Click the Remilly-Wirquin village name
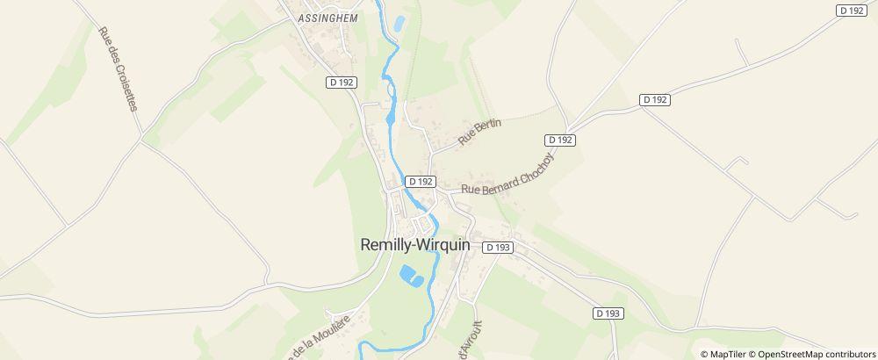coord(414,247)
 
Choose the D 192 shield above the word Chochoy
coord(559,140)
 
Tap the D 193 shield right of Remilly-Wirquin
coord(497,248)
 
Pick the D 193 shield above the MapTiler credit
coord(608,313)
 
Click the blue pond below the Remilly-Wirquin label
coord(409,277)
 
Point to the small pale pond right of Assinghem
coord(399,24)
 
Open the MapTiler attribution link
coord(726,354)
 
